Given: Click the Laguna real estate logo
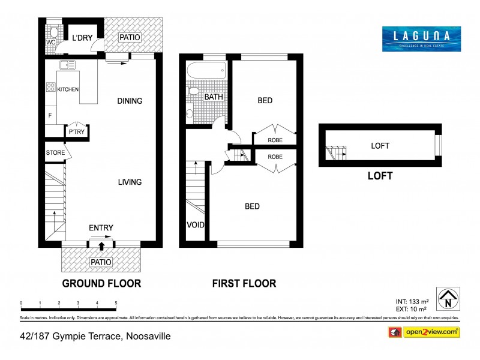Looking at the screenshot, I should (421, 38).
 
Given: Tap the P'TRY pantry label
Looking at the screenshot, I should (76, 133).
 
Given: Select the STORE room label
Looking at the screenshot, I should (55, 153).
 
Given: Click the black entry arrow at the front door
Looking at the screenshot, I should (101, 245).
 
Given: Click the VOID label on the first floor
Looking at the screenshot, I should (196, 225).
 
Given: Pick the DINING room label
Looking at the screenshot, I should (130, 101).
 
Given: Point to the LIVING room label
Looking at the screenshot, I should (130, 182).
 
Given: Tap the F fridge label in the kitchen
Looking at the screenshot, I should (49, 114).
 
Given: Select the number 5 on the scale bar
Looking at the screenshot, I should (116, 303).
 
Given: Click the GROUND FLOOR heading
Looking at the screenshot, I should (101, 283).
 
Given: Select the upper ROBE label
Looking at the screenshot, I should (275, 140).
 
